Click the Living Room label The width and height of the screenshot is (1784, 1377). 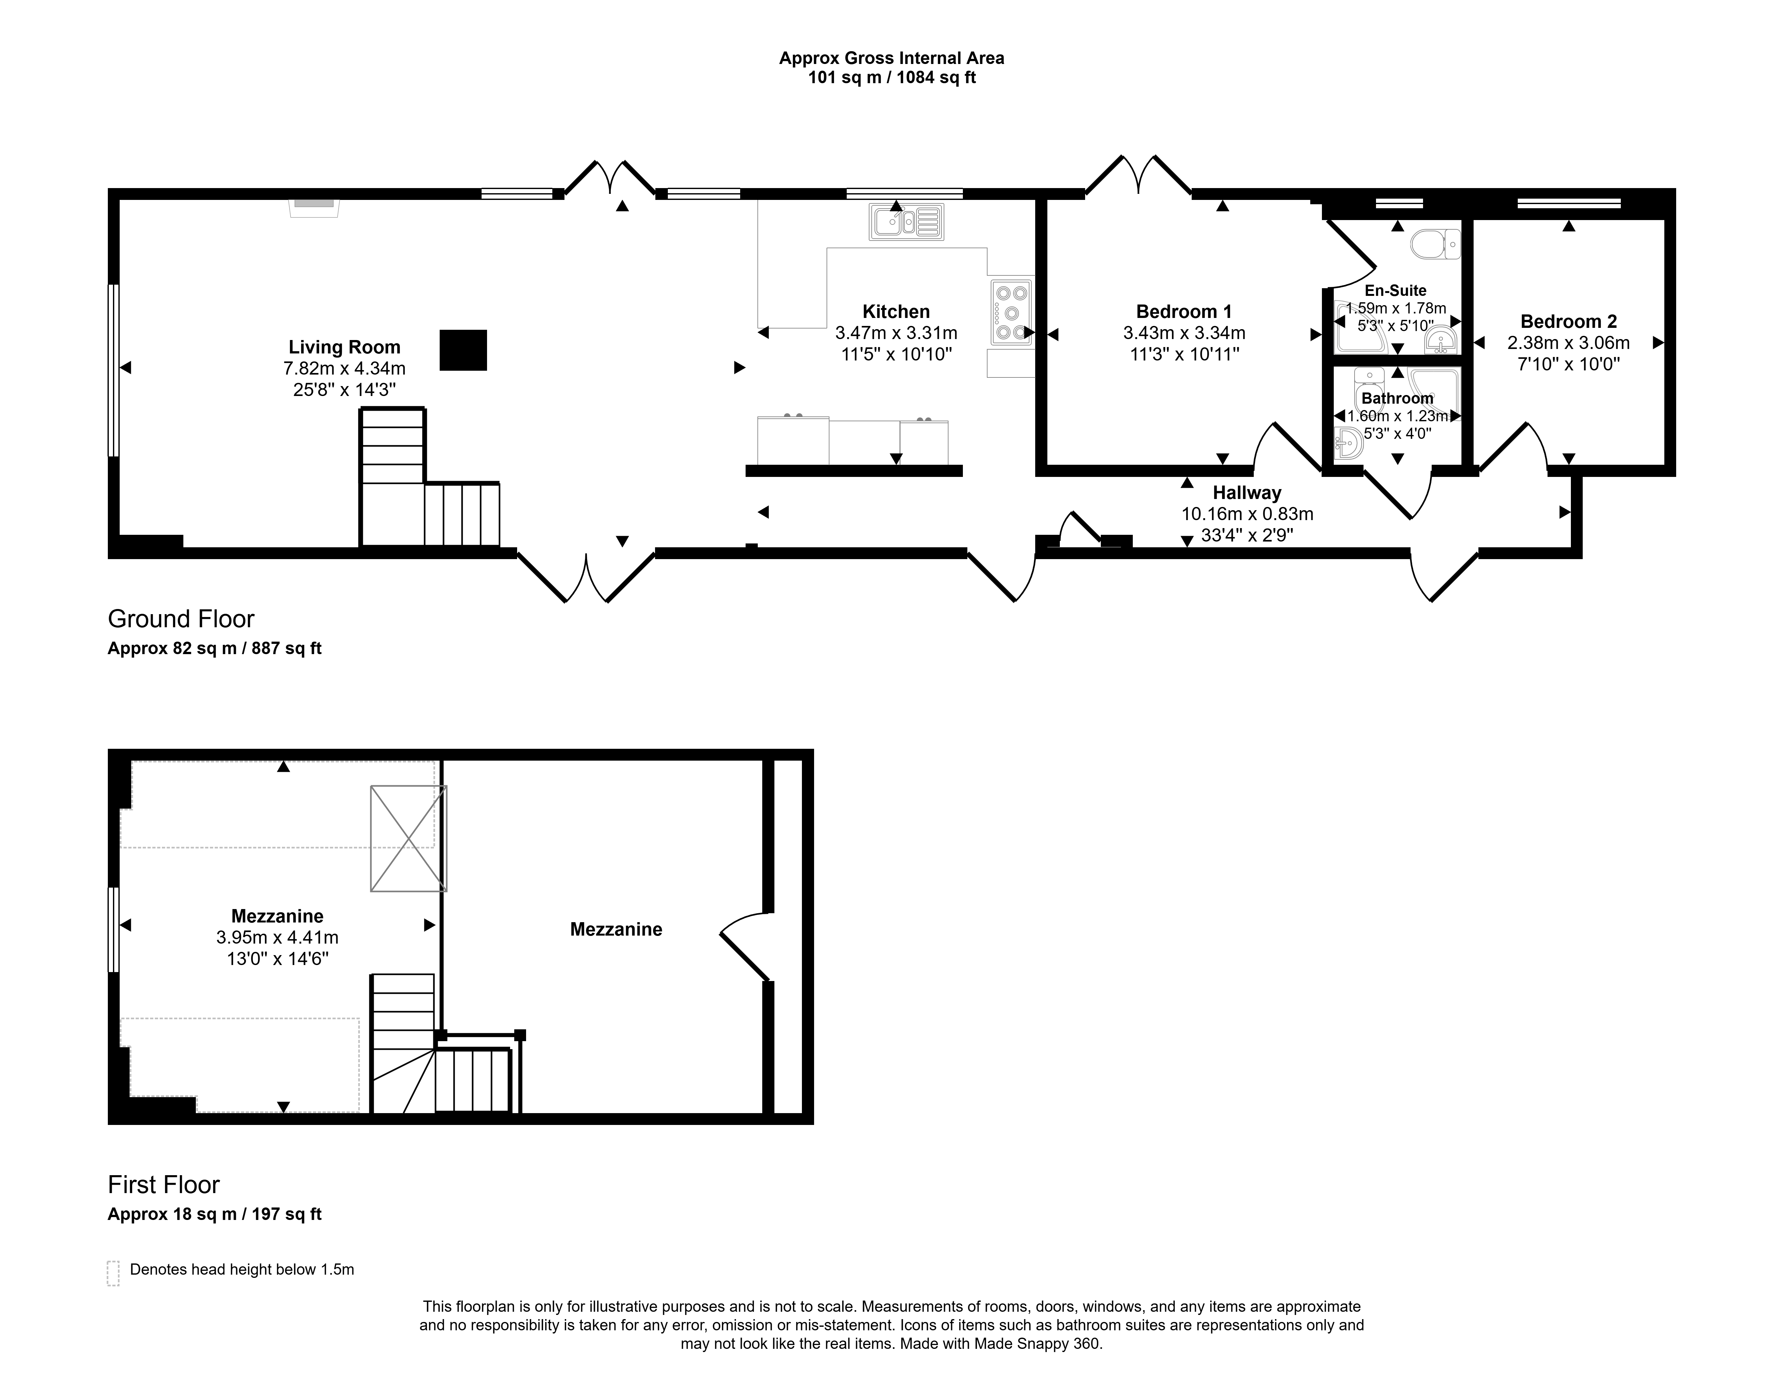tap(344, 347)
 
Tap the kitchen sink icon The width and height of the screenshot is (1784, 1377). tap(906, 221)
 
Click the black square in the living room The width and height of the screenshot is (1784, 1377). tap(463, 350)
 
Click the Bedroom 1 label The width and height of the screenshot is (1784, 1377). tap(1184, 311)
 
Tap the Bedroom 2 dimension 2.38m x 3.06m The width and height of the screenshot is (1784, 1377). tap(1568, 343)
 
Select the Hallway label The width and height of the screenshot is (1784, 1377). tap(1246, 493)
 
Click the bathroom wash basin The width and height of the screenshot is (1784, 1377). tap(1348, 445)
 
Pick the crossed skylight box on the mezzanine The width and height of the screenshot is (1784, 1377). tap(408, 838)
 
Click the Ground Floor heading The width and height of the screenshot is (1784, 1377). tap(181, 619)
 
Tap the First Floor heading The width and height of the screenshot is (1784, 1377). tap(164, 1185)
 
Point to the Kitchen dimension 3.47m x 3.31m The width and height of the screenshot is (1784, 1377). tap(896, 333)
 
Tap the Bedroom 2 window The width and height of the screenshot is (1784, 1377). tap(1568, 202)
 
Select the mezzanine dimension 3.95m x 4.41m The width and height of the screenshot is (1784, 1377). tap(278, 938)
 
